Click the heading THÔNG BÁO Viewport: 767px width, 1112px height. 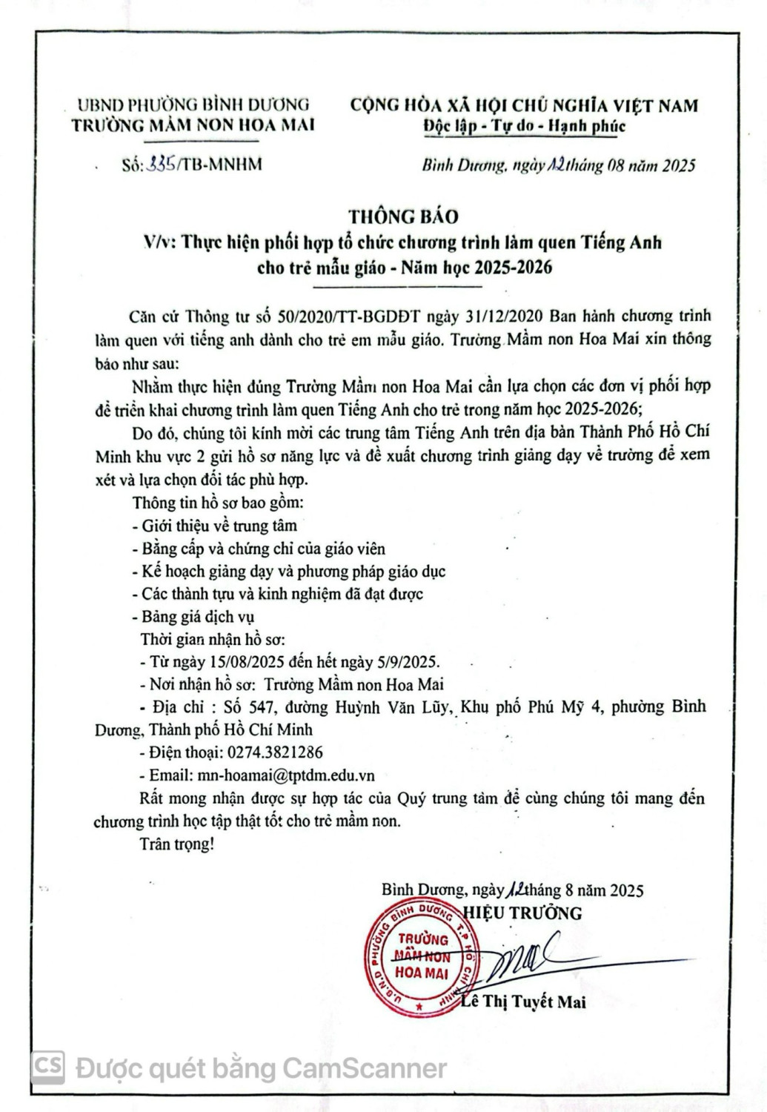tap(404, 216)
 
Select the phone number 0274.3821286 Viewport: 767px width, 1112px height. tap(272, 752)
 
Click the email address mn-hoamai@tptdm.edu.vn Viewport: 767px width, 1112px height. tap(286, 775)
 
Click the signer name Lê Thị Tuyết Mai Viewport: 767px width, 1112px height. tap(523, 1002)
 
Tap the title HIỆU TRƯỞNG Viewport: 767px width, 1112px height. tap(522, 912)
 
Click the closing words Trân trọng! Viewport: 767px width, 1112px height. tap(176, 844)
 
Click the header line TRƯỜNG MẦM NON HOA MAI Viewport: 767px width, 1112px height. tap(193, 125)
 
